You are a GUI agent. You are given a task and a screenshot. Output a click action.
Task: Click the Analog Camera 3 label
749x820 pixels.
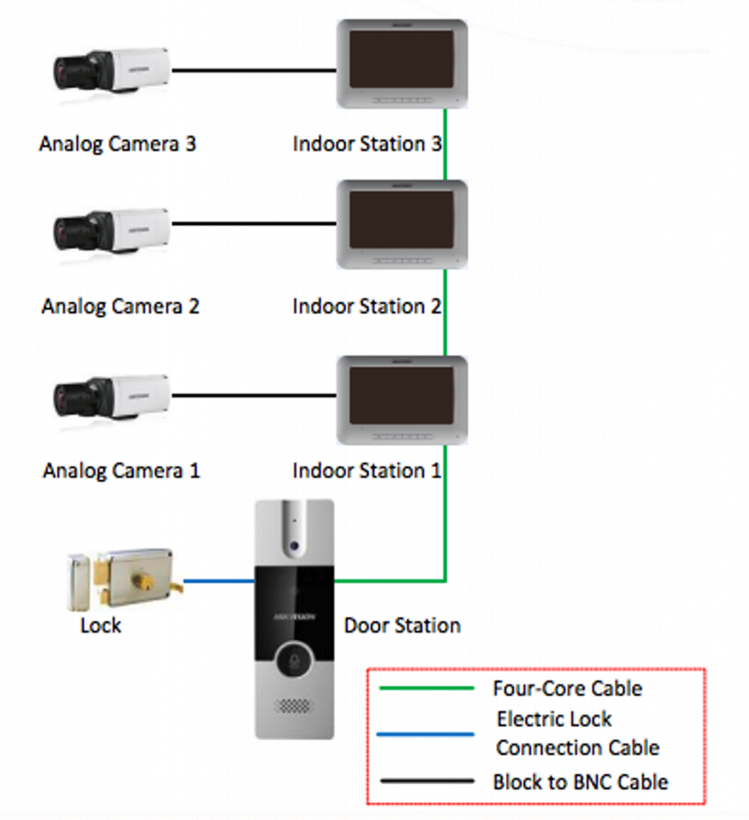(118, 144)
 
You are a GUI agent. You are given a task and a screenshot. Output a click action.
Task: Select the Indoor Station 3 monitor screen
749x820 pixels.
(401, 59)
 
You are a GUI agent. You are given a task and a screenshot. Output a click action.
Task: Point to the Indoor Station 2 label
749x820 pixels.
(367, 306)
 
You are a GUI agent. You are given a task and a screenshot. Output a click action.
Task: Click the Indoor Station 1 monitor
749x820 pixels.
(401, 399)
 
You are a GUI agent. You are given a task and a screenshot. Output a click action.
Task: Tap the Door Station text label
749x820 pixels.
(402, 625)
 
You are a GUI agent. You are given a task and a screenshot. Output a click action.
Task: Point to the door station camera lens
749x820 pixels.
(294, 545)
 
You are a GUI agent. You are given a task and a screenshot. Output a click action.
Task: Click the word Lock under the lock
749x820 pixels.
(100, 625)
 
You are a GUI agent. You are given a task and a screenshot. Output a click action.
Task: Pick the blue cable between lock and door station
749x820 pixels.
(219, 581)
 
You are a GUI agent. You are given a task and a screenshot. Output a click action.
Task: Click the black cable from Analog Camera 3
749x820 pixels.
(253, 70)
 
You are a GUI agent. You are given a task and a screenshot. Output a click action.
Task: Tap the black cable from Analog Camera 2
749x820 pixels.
(253, 223)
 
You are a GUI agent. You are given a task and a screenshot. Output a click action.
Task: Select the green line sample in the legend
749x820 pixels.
(426, 688)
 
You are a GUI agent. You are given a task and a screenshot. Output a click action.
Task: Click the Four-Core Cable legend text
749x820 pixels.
(567, 688)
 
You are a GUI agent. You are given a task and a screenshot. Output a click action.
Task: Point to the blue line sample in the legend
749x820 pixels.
(426, 734)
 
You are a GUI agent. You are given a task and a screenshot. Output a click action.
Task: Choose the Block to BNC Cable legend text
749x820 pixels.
(580, 781)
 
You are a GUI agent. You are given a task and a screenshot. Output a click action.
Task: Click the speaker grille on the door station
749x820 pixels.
(294, 707)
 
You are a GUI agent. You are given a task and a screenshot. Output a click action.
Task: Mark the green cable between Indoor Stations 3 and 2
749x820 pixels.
(445, 144)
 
